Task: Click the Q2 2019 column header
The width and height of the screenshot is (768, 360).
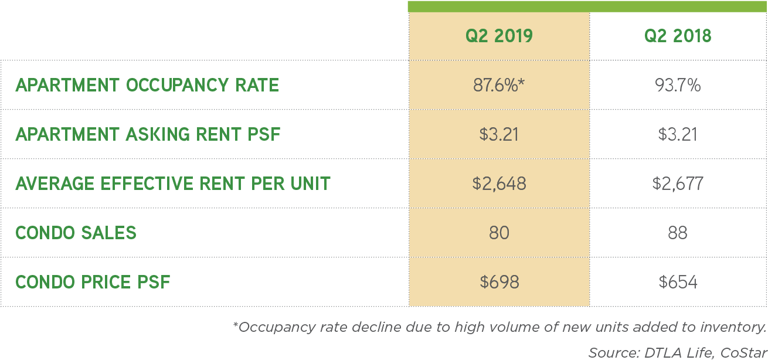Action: (499, 36)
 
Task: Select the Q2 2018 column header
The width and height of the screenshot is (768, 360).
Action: (678, 36)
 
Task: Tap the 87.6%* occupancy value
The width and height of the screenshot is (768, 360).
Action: (499, 86)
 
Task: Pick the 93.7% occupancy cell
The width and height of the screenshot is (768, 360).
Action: (678, 86)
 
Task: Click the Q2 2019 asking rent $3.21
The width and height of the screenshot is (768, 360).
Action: (499, 134)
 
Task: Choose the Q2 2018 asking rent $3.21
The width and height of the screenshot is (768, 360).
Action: (678, 134)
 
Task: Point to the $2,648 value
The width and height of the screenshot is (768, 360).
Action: (499, 184)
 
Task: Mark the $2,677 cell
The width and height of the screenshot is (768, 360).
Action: (678, 184)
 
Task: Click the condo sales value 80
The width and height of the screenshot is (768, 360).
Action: (499, 233)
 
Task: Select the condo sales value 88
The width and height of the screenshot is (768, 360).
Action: (678, 233)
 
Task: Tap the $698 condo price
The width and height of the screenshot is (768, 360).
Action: (499, 282)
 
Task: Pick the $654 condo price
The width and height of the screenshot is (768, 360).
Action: (678, 282)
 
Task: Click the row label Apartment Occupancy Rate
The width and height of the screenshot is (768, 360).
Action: (147, 86)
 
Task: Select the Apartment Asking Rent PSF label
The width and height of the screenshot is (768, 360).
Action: (148, 134)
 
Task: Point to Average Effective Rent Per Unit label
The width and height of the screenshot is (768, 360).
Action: (173, 184)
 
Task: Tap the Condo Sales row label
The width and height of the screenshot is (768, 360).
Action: (76, 233)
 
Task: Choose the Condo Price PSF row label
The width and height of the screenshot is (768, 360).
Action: (93, 282)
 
